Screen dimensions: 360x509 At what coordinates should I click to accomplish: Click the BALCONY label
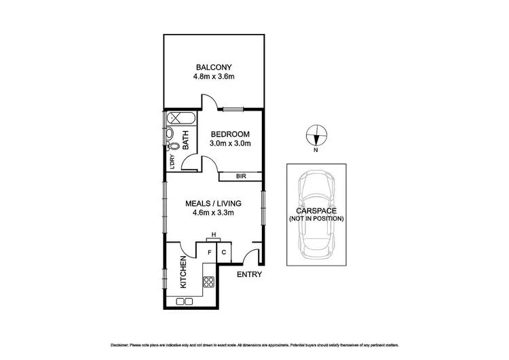point(214,67)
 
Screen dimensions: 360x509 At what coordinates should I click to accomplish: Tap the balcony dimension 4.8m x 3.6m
point(214,77)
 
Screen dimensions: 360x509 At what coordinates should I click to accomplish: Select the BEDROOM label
point(230,134)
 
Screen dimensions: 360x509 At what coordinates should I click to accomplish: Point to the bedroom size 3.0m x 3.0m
point(230,143)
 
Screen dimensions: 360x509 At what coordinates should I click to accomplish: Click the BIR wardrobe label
point(240,177)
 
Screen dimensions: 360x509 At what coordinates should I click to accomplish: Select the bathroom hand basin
point(170,134)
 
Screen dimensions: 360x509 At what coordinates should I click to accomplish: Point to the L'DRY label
point(172,162)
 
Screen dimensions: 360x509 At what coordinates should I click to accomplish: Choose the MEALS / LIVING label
point(213,203)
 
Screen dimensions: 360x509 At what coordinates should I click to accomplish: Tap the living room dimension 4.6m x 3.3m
point(213,213)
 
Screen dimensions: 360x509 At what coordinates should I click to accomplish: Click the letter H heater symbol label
point(214,234)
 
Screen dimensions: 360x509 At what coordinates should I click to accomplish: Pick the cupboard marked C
point(224,253)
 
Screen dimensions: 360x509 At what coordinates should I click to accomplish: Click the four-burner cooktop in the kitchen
point(208,284)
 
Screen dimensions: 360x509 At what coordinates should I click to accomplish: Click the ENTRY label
point(248,275)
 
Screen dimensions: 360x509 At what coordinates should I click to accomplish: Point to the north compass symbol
point(316,136)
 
